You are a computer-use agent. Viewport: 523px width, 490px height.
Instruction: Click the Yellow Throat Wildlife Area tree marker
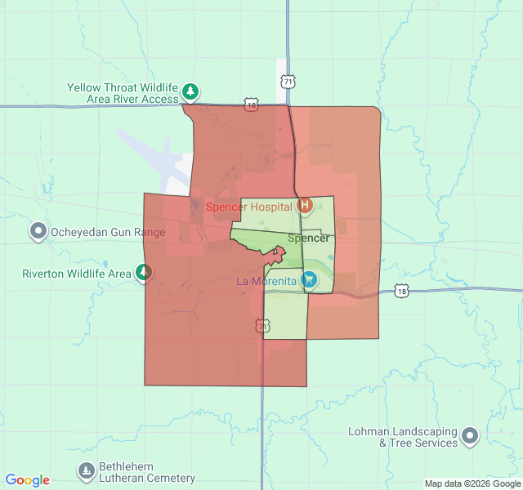pos(190,91)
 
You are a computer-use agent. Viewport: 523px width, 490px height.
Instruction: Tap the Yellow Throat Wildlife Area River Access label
pos(123,93)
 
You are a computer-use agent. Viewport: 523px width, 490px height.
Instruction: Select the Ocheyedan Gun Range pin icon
pos(38,232)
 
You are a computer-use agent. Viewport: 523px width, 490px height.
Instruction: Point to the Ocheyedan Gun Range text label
pos(109,232)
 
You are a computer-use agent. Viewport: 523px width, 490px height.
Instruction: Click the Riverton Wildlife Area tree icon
pos(144,273)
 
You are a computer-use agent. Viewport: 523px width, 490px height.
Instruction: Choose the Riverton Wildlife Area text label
pos(77,274)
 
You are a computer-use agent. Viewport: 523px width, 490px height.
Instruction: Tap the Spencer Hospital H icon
pos(305,205)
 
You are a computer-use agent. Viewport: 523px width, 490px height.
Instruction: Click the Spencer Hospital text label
pos(248,207)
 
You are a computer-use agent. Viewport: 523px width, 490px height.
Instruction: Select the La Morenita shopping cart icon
pos(309,281)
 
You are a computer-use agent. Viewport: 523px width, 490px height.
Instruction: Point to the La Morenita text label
pos(266,282)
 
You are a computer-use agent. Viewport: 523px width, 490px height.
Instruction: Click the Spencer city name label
pos(309,238)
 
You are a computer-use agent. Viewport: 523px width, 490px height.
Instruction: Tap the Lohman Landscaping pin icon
pos(470,436)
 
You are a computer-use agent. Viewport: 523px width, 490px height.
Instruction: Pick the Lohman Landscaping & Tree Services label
pos(406,437)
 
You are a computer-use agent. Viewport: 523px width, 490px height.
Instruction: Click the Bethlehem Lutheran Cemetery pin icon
pos(87,471)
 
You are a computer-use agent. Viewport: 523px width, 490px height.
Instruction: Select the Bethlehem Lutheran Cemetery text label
pos(147,473)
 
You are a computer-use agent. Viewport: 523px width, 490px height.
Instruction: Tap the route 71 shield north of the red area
pos(286,82)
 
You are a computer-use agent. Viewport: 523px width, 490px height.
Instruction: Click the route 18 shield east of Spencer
pos(400,292)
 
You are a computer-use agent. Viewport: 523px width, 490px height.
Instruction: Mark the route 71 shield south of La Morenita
pos(261,326)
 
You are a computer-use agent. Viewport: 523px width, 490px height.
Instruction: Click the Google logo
pos(27,480)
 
